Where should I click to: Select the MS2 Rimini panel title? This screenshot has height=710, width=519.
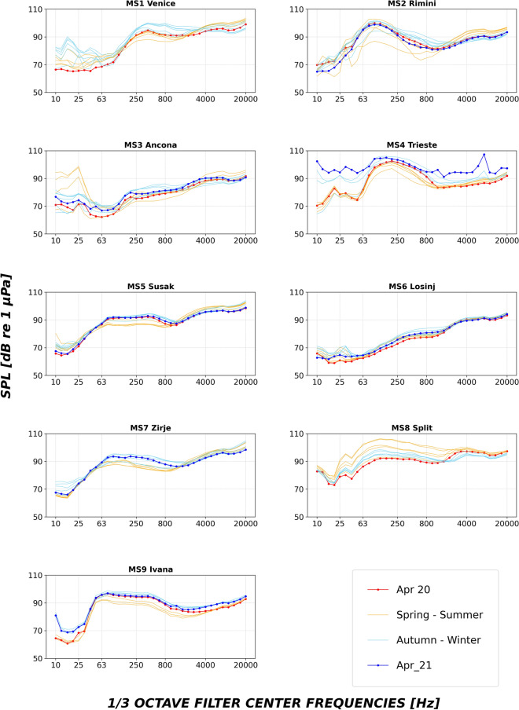tap(411, 4)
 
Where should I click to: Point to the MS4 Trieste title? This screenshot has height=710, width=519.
tap(411, 145)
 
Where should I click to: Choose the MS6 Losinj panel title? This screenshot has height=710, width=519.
tap(411, 287)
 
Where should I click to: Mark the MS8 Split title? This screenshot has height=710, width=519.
tap(411, 428)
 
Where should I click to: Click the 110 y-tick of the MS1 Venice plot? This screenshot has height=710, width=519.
tap(33, 9)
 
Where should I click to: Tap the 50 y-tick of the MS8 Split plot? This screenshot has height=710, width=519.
tap(296, 517)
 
